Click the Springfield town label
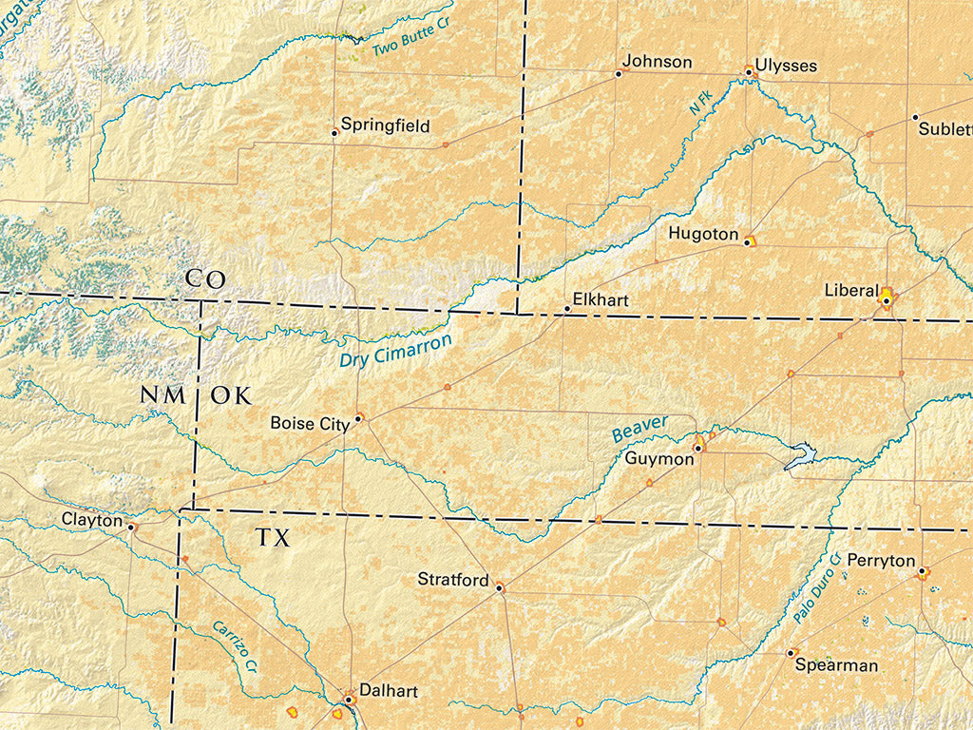[x=385, y=125]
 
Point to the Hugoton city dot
[x=748, y=242]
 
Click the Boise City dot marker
[x=358, y=416]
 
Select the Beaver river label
[x=639, y=429]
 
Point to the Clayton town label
[x=92, y=520]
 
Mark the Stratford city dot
[x=498, y=588]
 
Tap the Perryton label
[x=880, y=561]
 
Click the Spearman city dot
[x=791, y=653]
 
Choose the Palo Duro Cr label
[x=818, y=588]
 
